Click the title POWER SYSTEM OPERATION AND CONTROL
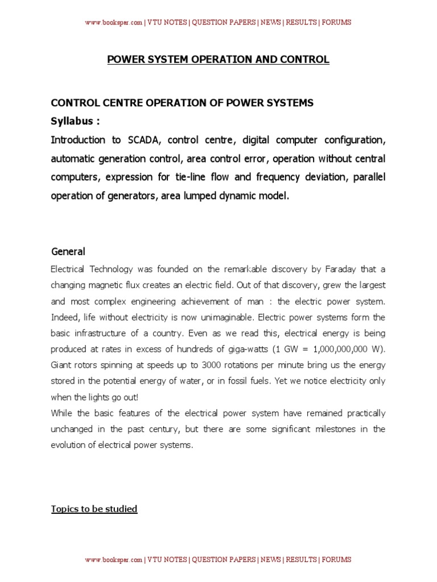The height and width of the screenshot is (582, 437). (x=218, y=59)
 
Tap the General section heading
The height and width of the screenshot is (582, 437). (x=68, y=251)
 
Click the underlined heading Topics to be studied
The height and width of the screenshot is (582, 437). (x=94, y=509)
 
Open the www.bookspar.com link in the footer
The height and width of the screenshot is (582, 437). (x=113, y=560)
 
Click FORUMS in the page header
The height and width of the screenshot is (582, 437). (x=336, y=23)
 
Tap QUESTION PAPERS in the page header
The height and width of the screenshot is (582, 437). (x=224, y=23)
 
